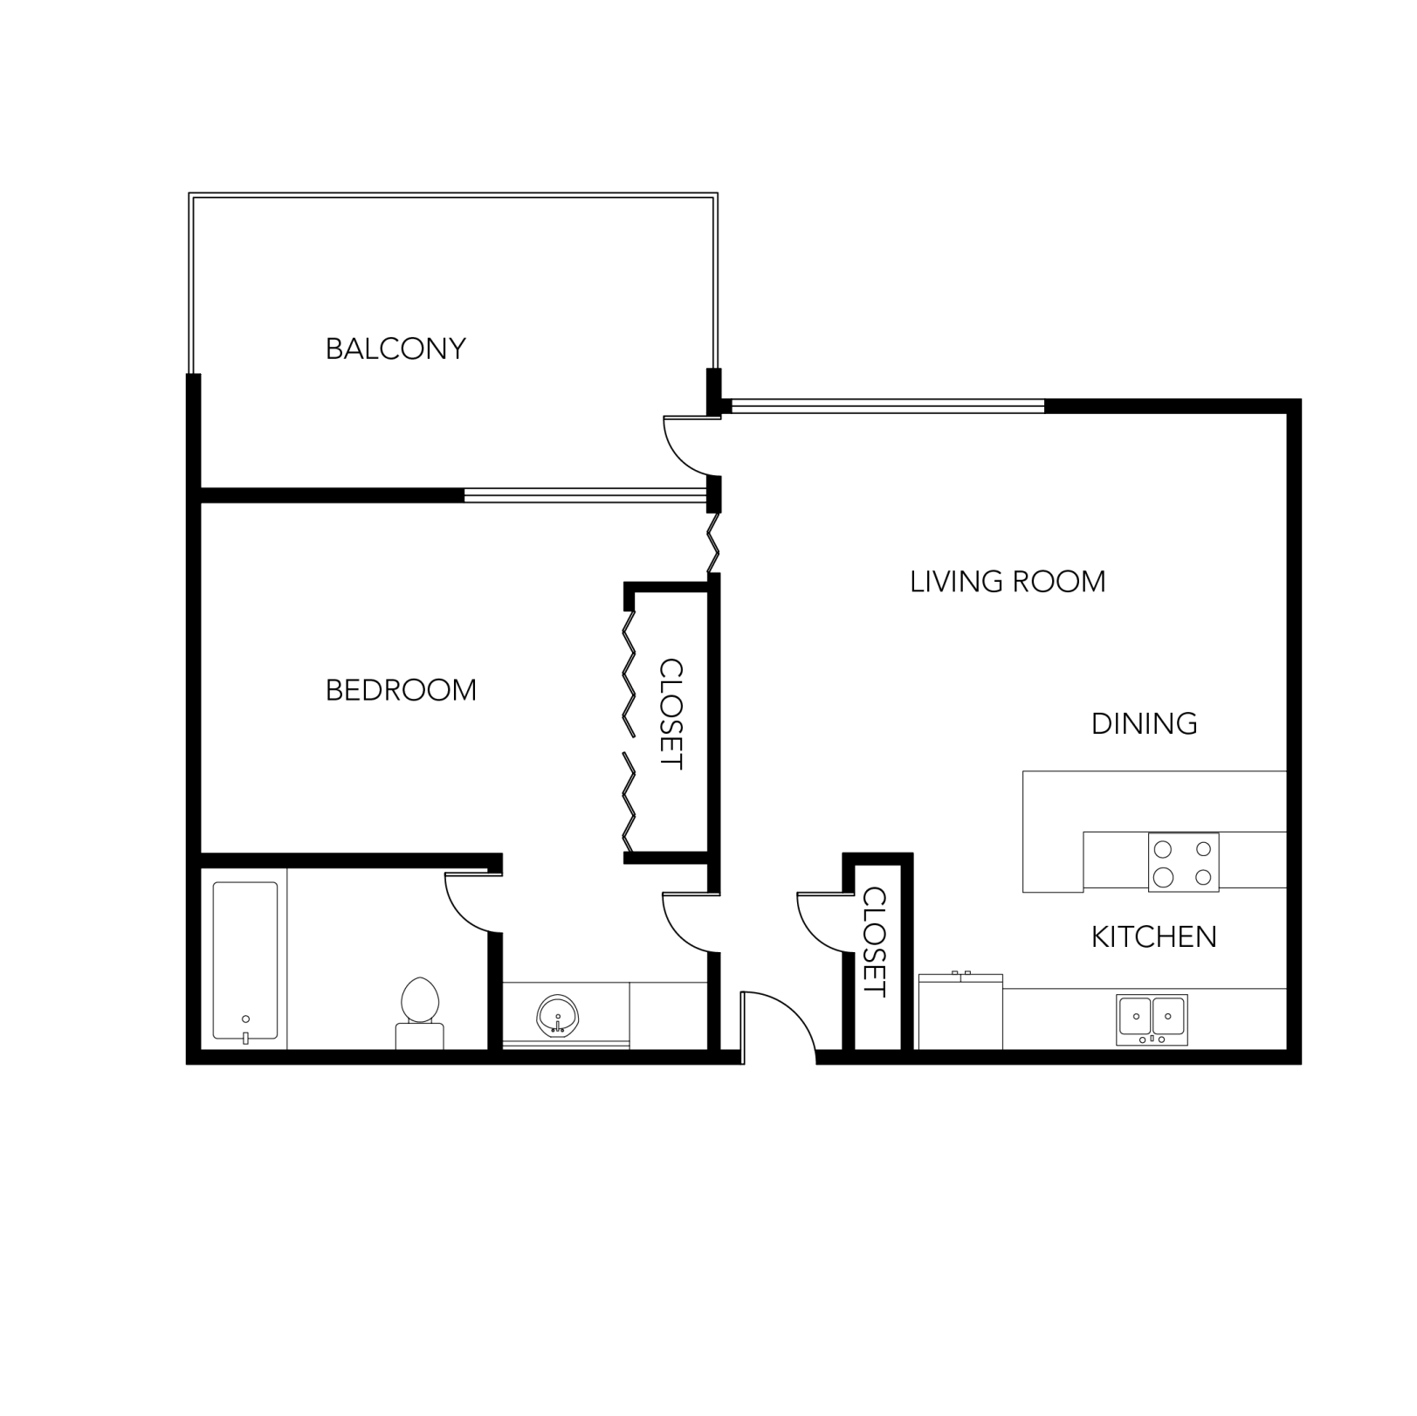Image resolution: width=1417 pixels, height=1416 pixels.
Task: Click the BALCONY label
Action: point(396,349)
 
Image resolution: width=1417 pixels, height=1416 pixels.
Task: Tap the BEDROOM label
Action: point(401,691)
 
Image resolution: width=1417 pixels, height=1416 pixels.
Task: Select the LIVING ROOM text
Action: point(1008,582)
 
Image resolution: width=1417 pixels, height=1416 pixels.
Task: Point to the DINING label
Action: point(1144,724)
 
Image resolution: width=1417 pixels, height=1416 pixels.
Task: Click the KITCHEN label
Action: point(1153,937)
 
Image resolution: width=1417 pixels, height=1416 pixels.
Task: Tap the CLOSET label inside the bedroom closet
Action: point(671,714)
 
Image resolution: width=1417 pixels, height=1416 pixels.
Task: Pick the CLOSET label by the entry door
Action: point(874,942)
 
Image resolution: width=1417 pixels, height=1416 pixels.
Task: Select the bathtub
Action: point(245,961)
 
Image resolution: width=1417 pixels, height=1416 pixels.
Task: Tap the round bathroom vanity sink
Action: point(556,1016)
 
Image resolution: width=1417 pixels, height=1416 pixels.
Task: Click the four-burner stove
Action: point(1183,862)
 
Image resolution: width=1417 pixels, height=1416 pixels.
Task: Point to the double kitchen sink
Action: point(1152,1019)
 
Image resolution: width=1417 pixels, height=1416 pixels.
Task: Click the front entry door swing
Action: point(777,1024)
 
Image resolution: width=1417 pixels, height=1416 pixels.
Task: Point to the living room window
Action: point(886,405)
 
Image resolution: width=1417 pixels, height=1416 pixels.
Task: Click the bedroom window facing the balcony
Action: point(584,495)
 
